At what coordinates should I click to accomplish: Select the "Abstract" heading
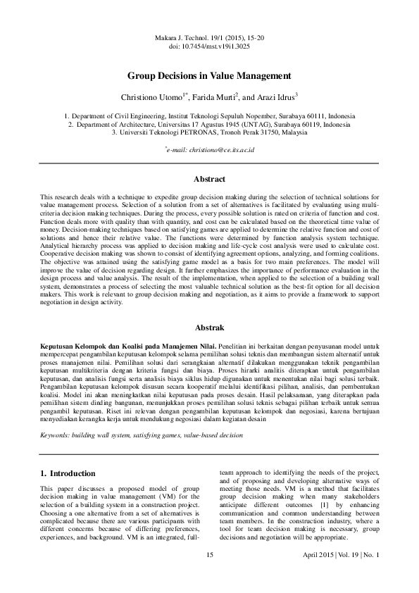click(x=209, y=180)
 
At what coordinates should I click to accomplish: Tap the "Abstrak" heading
click(x=209, y=328)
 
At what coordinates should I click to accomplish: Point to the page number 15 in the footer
click(x=209, y=555)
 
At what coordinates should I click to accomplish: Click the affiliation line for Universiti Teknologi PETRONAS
click(x=209, y=132)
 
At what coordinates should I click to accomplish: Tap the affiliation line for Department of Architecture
click(x=209, y=123)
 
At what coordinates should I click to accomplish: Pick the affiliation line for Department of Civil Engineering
click(x=209, y=115)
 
